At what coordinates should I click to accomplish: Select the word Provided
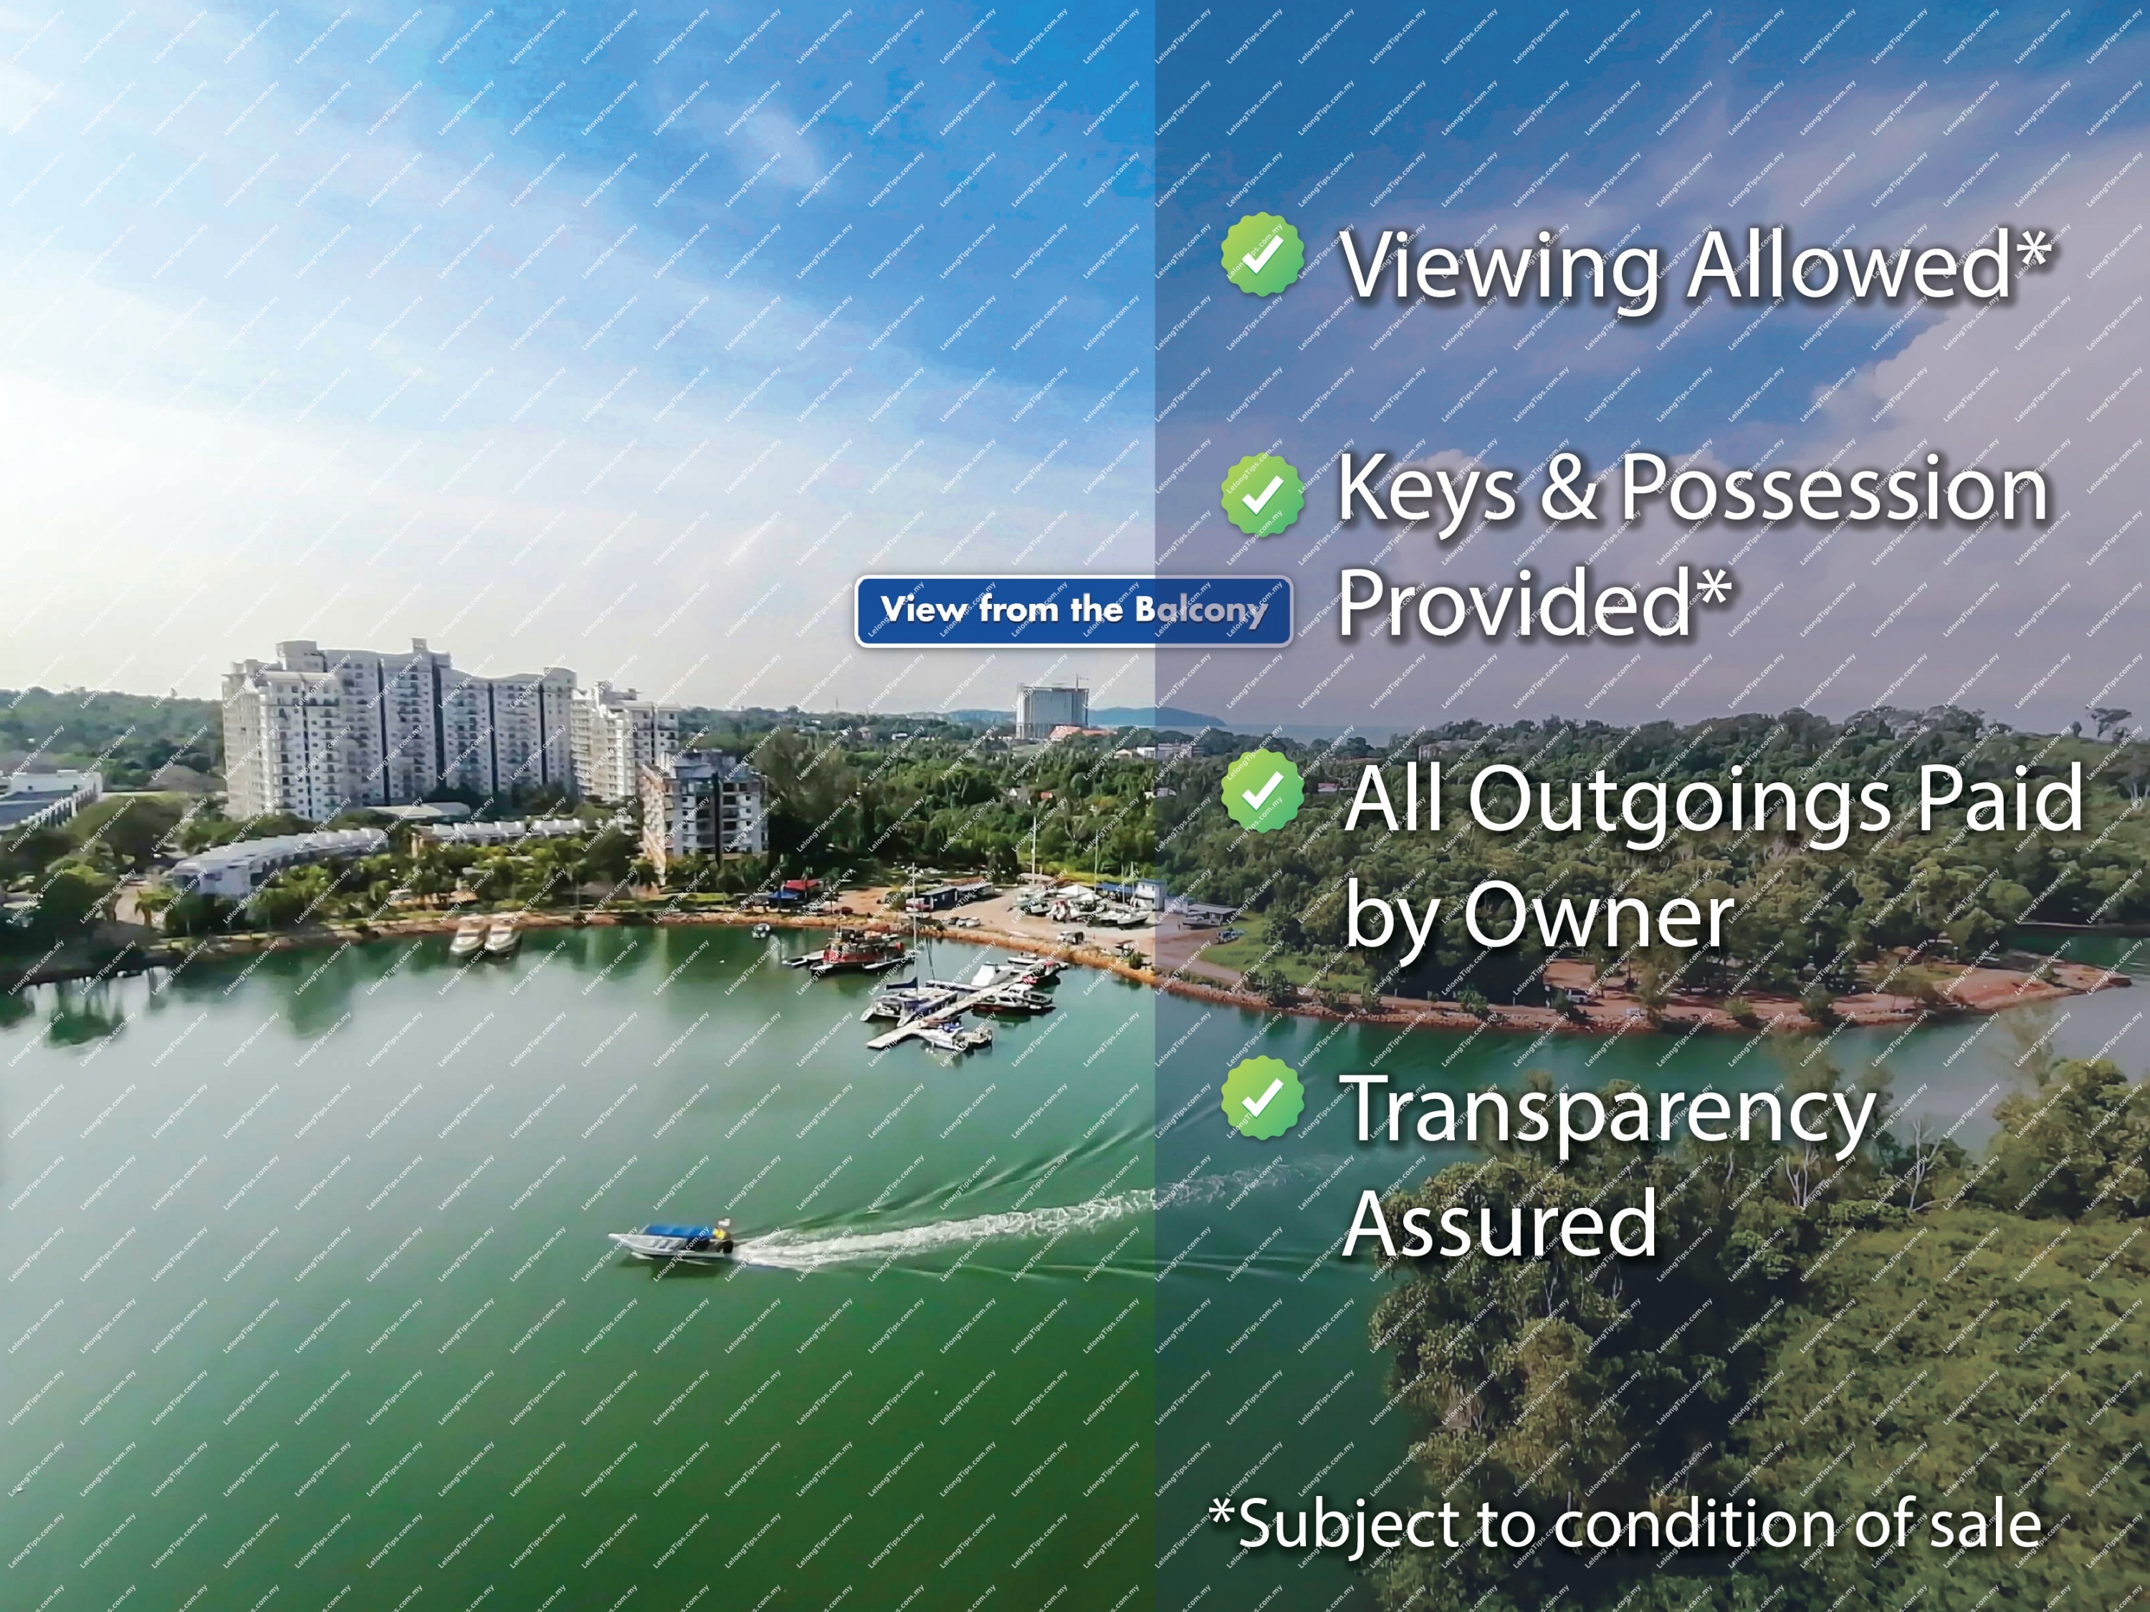1533,603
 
